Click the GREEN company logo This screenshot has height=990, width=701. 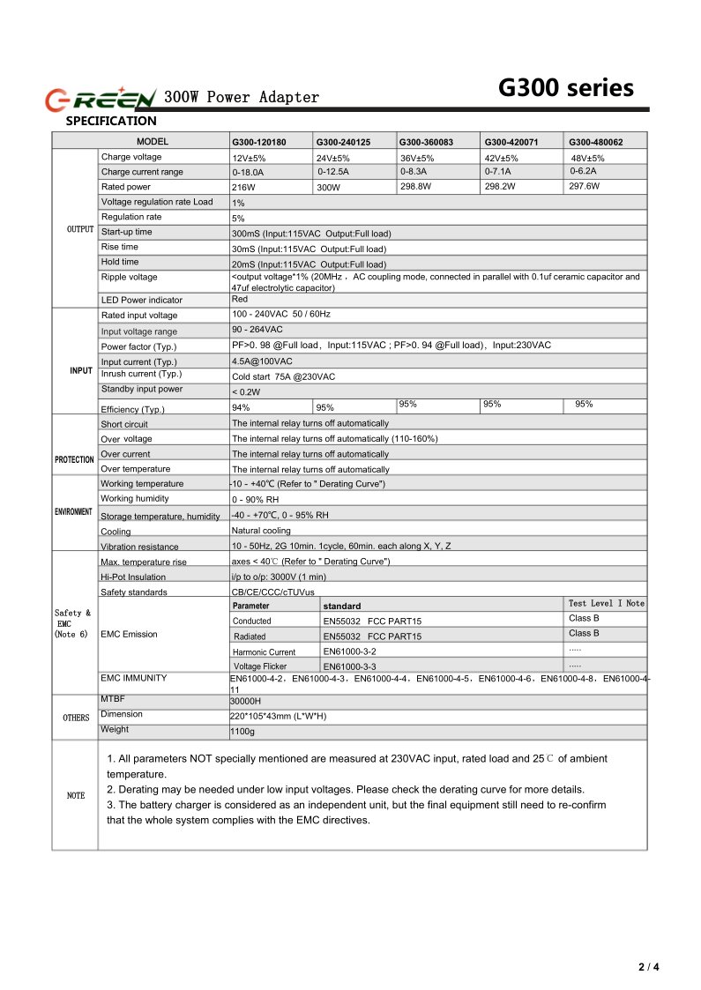(101, 98)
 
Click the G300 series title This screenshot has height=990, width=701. (565, 88)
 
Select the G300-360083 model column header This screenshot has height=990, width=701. (426, 142)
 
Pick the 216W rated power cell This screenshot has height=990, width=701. (243, 188)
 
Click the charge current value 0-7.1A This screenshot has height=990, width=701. (497, 171)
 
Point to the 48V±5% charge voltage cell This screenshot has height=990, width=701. (587, 158)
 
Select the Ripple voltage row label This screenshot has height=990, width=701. (129, 278)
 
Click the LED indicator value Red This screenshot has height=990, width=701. (240, 300)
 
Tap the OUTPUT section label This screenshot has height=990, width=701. (79, 229)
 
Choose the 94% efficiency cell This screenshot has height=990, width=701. (241, 408)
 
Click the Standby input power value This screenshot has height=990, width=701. (246, 392)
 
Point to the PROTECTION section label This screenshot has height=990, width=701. (74, 459)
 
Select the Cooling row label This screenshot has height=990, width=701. (116, 532)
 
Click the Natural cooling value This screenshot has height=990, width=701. (261, 531)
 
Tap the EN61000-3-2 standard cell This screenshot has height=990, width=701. (349, 651)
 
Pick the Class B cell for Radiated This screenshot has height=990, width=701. (584, 634)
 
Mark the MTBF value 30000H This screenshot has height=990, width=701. (246, 702)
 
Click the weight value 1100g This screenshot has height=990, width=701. (242, 732)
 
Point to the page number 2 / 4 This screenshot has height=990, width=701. (648, 967)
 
